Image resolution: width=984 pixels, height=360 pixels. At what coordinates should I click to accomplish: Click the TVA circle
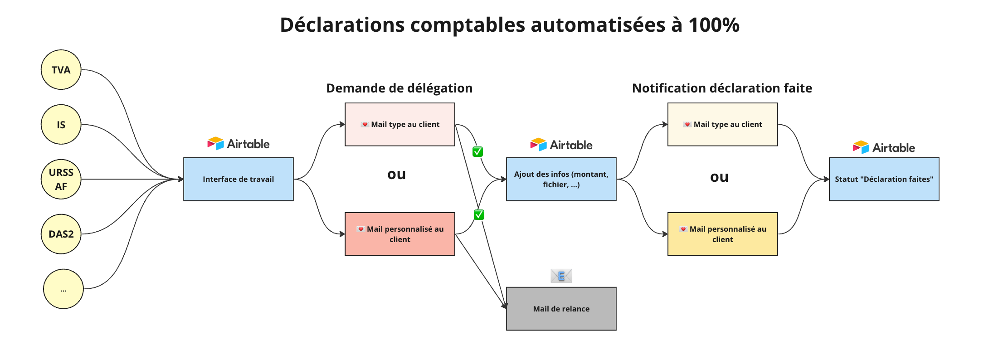61,70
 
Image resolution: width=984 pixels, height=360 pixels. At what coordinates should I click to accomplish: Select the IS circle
61,125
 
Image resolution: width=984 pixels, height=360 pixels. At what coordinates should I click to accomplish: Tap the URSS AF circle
61,179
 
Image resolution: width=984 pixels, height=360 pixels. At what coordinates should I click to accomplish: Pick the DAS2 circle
61,234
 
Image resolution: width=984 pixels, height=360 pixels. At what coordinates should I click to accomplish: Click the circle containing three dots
63,289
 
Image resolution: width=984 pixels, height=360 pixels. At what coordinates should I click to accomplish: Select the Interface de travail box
239,179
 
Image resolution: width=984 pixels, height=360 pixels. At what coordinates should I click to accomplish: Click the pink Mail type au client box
400,124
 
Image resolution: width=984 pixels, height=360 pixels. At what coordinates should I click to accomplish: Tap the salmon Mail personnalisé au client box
400,234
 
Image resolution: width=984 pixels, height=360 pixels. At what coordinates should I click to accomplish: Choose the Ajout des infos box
561,179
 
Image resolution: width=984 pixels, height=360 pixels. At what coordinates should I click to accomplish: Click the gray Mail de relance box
561,309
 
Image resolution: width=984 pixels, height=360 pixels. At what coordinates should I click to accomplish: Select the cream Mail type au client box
723,124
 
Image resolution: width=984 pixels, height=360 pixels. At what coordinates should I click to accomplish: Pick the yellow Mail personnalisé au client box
723,234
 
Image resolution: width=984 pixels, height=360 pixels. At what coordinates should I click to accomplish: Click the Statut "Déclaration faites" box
884,179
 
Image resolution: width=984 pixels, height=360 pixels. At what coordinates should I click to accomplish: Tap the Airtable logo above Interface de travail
239,144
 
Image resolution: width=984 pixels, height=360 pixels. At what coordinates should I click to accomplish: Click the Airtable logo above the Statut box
884,147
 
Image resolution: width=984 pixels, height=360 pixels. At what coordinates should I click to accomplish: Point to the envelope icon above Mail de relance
561,276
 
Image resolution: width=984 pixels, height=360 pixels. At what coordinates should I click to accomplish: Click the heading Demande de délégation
399,88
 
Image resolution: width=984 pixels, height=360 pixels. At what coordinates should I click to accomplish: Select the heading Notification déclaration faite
722,88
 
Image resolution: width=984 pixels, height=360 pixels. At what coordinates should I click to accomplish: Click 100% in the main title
714,25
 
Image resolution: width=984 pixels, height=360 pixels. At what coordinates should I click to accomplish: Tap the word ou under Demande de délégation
397,175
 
